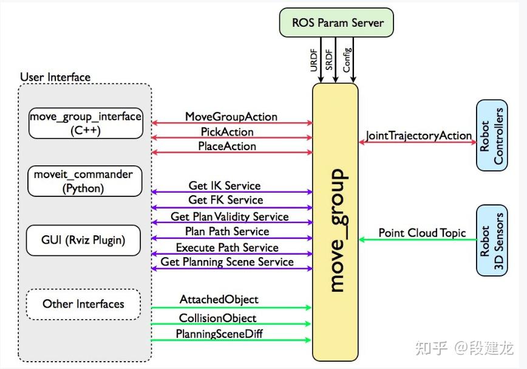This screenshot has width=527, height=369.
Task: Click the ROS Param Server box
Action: (336, 22)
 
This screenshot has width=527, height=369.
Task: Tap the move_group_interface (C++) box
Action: (86, 123)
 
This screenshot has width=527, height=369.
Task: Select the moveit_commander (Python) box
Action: (85, 181)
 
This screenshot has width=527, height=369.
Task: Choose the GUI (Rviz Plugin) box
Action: (83, 240)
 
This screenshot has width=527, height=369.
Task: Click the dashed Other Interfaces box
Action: (83, 304)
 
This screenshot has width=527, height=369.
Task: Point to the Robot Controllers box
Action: (492, 135)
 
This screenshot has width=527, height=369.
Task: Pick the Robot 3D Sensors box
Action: (492, 241)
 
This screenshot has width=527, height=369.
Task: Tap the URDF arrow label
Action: (313, 60)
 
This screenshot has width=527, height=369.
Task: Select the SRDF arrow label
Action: (328, 60)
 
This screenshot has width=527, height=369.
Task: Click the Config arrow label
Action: (347, 60)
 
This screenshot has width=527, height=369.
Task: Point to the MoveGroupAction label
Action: (231, 117)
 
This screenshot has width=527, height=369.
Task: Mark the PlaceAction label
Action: (227, 147)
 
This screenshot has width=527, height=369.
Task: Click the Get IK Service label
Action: (225, 185)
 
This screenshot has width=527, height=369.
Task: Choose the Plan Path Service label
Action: (227, 232)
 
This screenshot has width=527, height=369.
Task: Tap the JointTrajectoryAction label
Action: (419, 136)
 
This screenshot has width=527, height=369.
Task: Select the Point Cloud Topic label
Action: (422, 233)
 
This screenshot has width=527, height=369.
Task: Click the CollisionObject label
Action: (217, 318)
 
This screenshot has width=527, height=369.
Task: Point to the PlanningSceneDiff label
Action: (219, 334)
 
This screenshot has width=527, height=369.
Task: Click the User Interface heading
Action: (55, 77)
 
